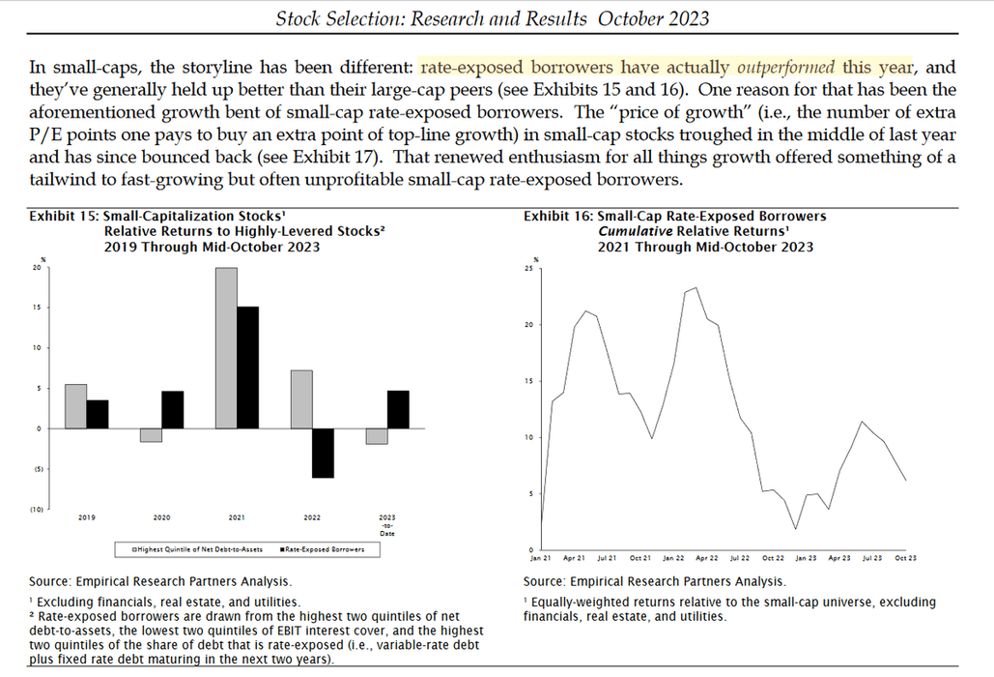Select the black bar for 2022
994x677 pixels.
[x=322, y=453]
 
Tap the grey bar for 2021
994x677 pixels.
[x=226, y=348]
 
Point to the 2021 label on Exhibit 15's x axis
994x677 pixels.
[x=236, y=517]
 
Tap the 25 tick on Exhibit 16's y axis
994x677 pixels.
[x=527, y=268]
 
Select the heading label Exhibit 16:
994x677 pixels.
[x=558, y=217]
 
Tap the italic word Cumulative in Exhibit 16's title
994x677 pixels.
[x=636, y=232]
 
